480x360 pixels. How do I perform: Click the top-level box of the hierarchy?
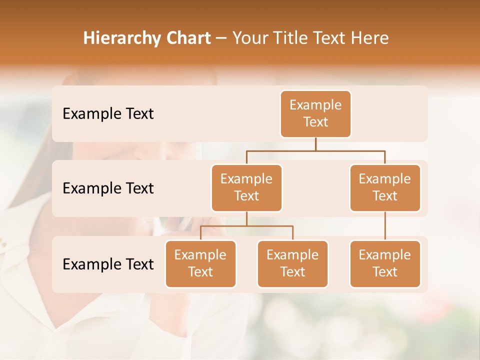tap(315, 113)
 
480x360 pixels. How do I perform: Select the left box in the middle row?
tap(246, 187)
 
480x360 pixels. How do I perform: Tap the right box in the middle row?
tap(385, 187)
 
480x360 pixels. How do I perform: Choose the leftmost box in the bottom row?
tap(200, 263)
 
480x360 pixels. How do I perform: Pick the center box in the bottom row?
tap(292, 263)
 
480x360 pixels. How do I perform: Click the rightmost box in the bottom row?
tap(385, 263)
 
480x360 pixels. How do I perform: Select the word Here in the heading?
tap(370, 38)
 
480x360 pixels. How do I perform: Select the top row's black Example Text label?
tap(108, 113)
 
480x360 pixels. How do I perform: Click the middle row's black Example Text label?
tap(108, 188)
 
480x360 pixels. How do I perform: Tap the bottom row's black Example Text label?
tap(108, 264)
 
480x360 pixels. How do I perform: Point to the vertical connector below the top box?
tap(315, 144)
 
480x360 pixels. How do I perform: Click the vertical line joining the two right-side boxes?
tap(385, 226)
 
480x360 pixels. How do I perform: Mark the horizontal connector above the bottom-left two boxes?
tap(246, 226)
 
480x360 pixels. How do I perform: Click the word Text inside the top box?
tap(315, 122)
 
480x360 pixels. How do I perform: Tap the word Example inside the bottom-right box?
tap(385, 255)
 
